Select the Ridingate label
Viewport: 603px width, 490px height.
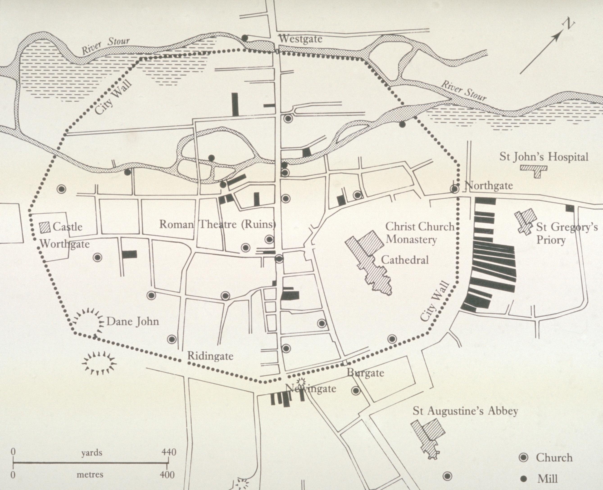click(x=210, y=356)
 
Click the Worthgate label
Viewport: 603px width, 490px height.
click(x=65, y=244)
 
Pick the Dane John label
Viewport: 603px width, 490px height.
click(x=132, y=321)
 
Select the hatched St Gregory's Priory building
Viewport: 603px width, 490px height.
click(x=523, y=221)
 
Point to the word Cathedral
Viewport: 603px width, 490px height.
click(x=405, y=260)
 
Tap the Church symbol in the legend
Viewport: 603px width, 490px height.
click(x=524, y=458)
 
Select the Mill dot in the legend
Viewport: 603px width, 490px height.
click(x=524, y=479)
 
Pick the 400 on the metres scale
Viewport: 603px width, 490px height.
click(x=168, y=475)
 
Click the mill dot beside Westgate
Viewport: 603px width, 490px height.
click(x=245, y=38)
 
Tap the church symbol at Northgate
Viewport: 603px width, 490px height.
click(x=454, y=189)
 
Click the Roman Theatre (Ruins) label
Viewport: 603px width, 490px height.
click(x=217, y=225)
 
